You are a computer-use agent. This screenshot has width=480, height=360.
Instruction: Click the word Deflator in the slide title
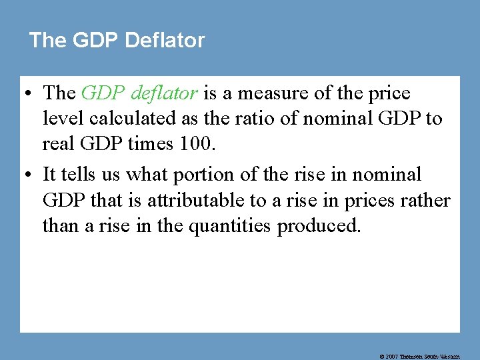click(x=164, y=40)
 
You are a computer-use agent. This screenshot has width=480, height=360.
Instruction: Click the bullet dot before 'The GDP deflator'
click(x=30, y=94)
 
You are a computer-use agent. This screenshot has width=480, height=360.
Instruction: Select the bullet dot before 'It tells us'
click(x=30, y=175)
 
